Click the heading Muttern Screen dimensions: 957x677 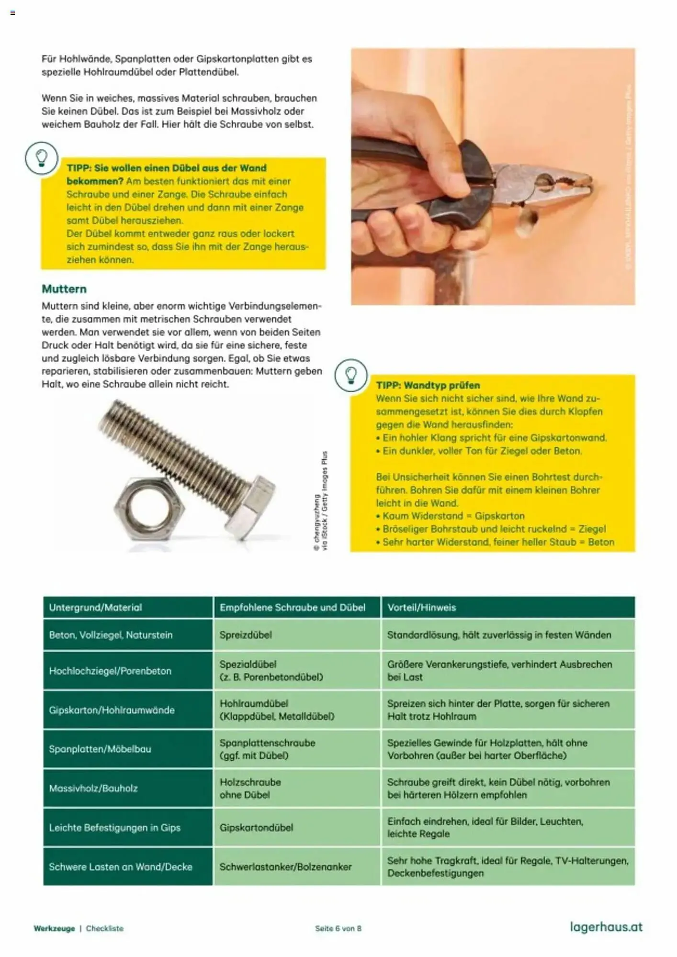64,289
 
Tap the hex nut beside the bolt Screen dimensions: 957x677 149,508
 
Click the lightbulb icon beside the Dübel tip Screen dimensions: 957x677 42,157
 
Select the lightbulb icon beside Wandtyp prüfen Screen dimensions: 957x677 351,375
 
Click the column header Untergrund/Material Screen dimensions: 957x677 95,607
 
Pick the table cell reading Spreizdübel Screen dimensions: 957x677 246,635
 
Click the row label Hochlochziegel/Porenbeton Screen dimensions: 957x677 110,671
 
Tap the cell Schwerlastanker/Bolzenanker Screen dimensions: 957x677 285,867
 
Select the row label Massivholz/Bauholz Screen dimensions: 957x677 93,788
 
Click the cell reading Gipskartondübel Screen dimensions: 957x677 256,827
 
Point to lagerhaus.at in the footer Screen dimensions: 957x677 606,927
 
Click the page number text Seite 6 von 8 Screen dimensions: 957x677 338,928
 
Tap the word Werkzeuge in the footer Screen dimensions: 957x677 54,928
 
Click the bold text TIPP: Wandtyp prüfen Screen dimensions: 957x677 428,385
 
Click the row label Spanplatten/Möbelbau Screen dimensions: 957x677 100,749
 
